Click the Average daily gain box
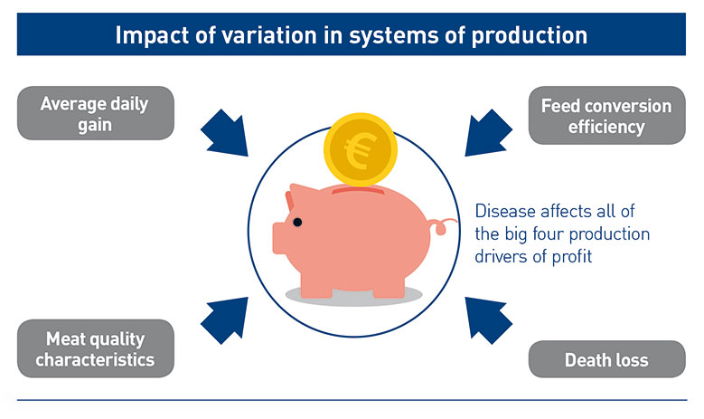click(94, 114)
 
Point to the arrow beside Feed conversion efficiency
click(484, 131)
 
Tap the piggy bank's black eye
click(296, 223)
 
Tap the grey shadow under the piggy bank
click(353, 295)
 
